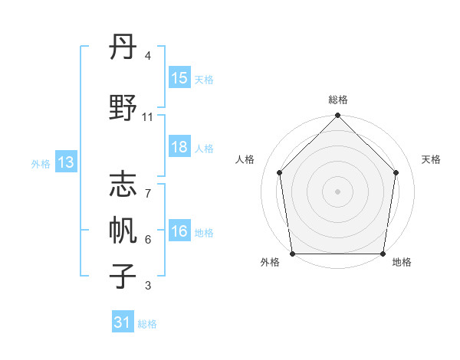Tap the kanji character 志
point(123,185)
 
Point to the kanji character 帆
point(123,229)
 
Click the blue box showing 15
point(179,78)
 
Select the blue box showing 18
point(179,147)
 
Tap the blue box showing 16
point(179,232)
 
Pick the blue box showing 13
point(65,162)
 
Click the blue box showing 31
point(123,322)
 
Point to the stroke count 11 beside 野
point(148,117)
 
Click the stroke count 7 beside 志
point(147,194)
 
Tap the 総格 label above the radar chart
point(338,100)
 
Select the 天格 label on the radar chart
point(432,159)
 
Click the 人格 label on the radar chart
point(245,159)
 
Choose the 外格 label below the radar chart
point(270,263)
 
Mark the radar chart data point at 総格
point(338,116)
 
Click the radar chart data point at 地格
point(383,254)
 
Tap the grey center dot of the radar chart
point(338,191)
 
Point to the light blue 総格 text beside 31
point(147,324)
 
